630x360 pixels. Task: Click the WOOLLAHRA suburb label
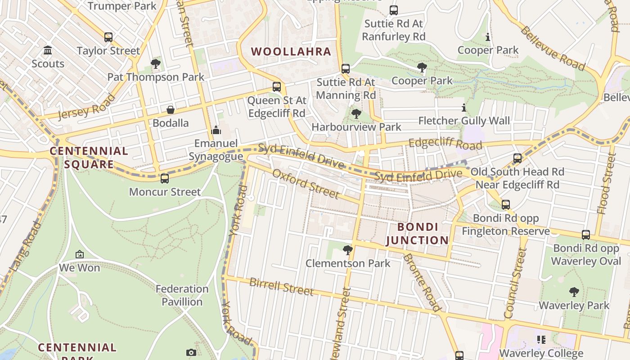pos(291,51)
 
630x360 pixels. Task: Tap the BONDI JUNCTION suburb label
pos(417,234)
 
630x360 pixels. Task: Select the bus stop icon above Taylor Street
pos(108,37)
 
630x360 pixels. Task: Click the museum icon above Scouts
pos(48,50)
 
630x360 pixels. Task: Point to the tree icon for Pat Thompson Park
pos(156,64)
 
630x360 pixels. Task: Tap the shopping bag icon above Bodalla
pos(171,110)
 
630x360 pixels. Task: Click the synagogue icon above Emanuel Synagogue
pos(216,130)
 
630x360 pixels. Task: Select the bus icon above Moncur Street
pos(165,178)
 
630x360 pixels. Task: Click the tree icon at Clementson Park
pos(347,250)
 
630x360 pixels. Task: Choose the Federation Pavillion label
pos(182,295)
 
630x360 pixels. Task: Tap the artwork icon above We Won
pos(80,254)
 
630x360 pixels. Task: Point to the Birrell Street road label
pos(281,287)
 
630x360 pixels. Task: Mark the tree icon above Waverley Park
pos(574,292)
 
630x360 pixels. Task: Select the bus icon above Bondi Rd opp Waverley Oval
pos(585,234)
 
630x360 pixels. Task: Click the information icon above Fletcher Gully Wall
pos(464,108)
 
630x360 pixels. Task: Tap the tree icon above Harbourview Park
pos(356,114)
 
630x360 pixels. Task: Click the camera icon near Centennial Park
pos(191,352)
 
